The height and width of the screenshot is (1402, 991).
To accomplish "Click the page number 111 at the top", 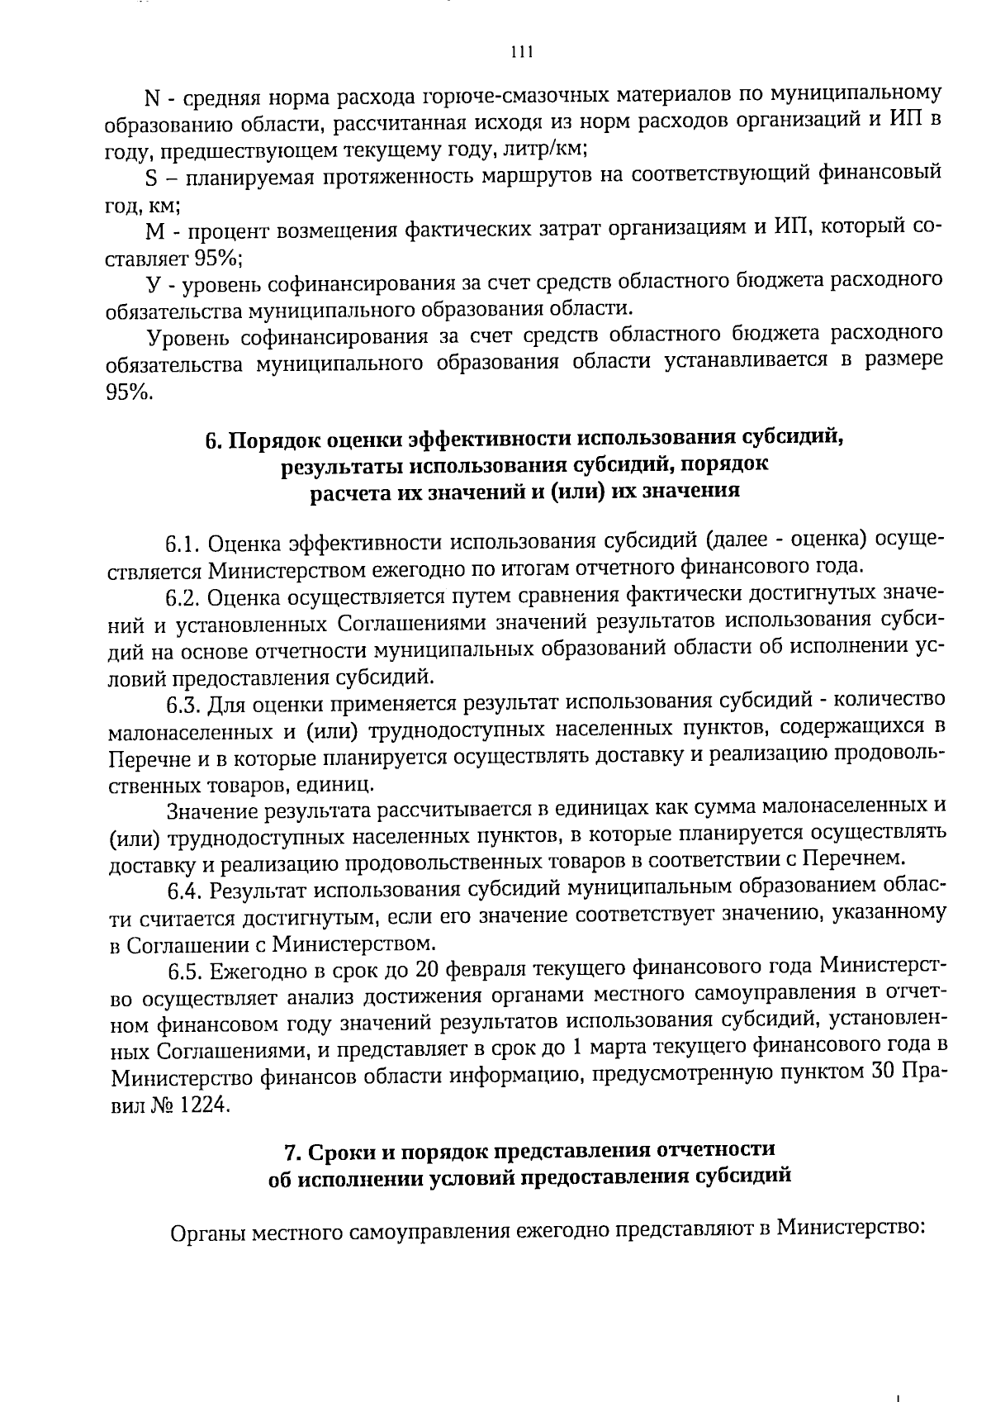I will pos(521,52).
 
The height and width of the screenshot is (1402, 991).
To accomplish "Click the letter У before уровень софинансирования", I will pos(152,284).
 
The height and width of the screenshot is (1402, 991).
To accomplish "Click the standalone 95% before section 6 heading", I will pos(129,393).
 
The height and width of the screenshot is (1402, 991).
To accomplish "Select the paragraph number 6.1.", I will pos(183,544).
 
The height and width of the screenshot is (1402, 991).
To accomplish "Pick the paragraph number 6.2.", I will pos(183,596).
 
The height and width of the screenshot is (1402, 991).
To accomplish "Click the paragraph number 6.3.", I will pos(183,704).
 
